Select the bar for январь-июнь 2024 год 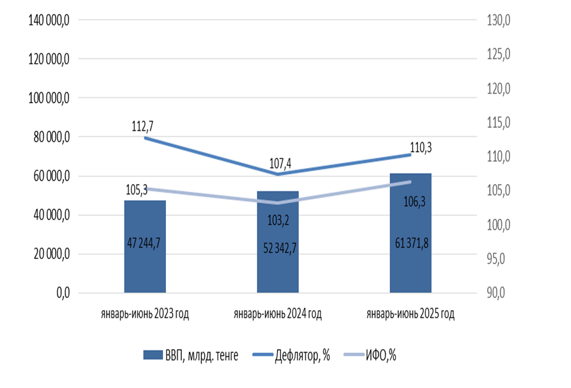278,242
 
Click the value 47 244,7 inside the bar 145,243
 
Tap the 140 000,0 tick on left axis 50,20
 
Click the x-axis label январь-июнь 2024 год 278,314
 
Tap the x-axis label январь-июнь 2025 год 410,314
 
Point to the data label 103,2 278,221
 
